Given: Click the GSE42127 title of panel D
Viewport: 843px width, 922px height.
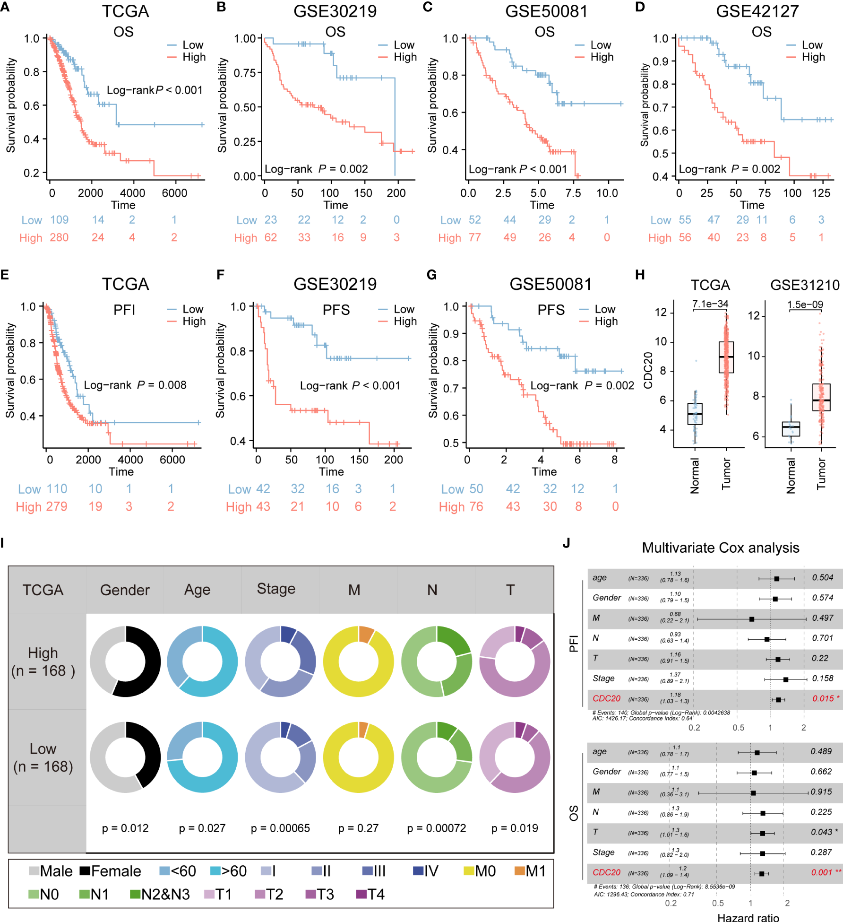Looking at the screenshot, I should point(757,11).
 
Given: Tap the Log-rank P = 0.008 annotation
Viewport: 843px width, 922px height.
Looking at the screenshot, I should point(135,385).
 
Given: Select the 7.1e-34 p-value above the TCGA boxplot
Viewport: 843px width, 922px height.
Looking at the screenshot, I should point(710,304).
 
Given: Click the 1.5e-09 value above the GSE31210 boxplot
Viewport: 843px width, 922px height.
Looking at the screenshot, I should point(805,304).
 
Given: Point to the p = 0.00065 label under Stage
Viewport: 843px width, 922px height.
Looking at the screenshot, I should point(280,828).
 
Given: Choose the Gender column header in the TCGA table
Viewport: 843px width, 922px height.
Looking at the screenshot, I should point(125,590).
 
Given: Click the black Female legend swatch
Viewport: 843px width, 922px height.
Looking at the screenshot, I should point(85,871).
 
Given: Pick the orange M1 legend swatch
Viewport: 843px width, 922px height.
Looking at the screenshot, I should point(519,871).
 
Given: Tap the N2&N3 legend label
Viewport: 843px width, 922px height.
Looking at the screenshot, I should point(165,894).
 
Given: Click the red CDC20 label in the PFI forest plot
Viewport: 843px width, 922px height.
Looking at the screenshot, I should point(606,698).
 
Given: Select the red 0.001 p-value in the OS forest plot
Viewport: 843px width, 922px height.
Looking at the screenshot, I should point(821,872).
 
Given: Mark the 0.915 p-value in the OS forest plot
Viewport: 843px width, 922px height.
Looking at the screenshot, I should point(821,792).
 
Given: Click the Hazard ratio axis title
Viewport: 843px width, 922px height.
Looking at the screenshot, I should point(748,917).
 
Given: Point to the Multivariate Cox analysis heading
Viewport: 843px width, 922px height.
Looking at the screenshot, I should point(720,548).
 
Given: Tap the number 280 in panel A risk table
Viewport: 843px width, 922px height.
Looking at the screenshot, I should point(59,237).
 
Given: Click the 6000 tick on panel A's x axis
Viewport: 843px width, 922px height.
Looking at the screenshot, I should point(174,193).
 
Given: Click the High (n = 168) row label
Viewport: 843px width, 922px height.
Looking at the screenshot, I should point(43,662).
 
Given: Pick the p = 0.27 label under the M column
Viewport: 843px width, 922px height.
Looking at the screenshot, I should point(358,828).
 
